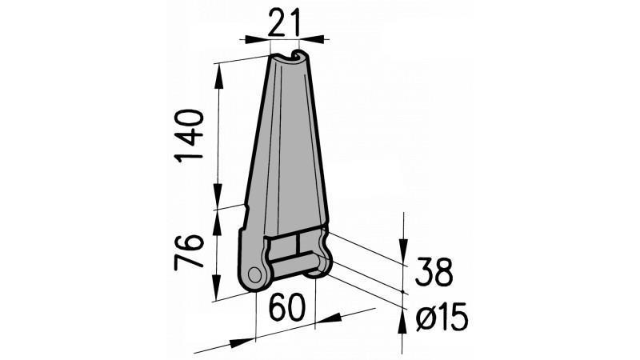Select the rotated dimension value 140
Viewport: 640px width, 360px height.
[x=190, y=135]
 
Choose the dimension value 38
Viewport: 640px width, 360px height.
[x=434, y=274]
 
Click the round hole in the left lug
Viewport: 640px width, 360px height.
[x=255, y=274]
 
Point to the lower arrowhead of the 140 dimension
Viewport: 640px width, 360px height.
[x=218, y=200]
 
